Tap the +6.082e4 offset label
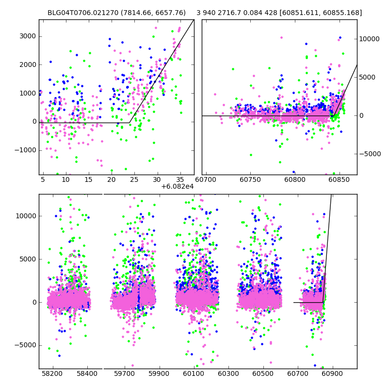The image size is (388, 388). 177,186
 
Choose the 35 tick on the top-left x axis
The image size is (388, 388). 180,179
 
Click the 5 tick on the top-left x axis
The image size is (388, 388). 43,179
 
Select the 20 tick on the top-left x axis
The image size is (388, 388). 112,179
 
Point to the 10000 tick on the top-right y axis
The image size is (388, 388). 370,39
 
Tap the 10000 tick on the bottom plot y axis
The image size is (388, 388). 25,216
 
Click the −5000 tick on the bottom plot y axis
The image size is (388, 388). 25,345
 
